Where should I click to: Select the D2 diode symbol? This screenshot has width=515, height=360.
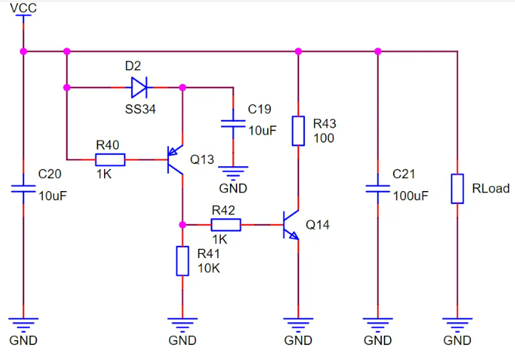[x=140, y=88]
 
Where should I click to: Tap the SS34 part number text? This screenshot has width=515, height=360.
[x=140, y=109]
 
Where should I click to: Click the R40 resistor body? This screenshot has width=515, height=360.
[x=110, y=160]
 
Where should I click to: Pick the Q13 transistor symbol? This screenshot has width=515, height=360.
[x=175, y=160]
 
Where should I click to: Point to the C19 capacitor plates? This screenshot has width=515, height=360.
[x=233, y=123]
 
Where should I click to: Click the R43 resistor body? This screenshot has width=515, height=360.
[x=298, y=130]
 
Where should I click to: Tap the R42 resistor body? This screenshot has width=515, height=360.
[x=226, y=225]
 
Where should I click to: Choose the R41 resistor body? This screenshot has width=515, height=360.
[x=182, y=261]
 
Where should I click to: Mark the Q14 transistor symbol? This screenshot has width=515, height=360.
[x=291, y=225]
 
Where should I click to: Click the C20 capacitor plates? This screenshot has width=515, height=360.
[x=24, y=189]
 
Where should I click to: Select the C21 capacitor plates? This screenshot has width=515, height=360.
[x=378, y=189]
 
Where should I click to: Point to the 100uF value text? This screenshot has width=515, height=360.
[x=410, y=195]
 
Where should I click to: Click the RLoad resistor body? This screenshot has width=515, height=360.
[x=457, y=188]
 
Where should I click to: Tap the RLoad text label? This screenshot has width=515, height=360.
[x=491, y=188]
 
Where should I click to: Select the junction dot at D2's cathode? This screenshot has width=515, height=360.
[x=182, y=88]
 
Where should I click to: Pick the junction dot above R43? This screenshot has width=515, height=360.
[x=298, y=51]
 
